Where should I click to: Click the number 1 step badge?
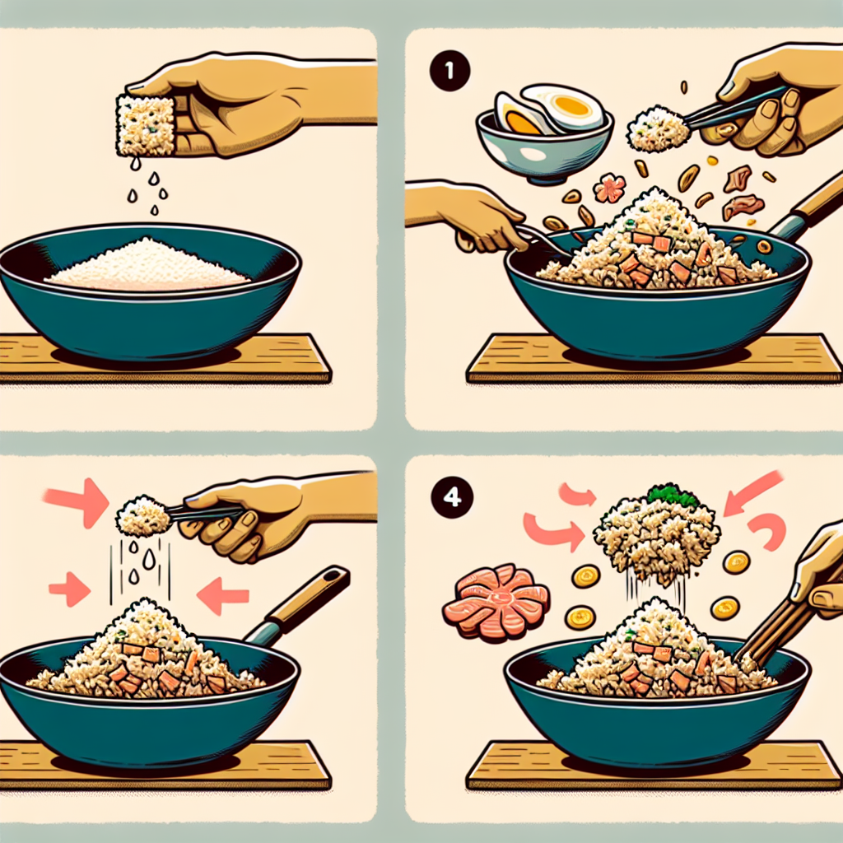coord(450,71)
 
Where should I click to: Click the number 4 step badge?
coord(452,497)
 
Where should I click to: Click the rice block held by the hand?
coord(145,124)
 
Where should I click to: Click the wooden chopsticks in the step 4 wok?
coord(766,626)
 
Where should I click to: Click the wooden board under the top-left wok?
coord(161,358)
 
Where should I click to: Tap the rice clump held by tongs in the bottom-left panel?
coord(143,517)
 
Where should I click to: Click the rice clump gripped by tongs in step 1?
coord(658,129)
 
